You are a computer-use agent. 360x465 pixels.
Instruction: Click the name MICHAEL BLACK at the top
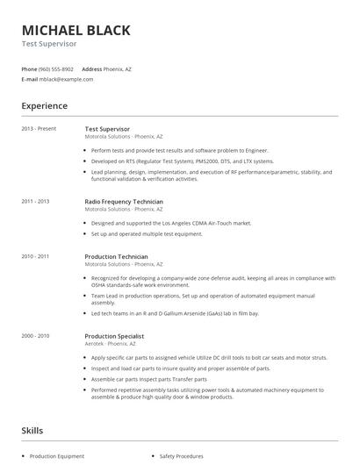pos(76,30)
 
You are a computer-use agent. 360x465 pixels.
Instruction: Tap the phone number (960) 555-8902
pos(56,68)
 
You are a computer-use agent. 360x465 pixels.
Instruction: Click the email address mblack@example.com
pos(66,79)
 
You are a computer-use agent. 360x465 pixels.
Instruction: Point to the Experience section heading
pos(44,106)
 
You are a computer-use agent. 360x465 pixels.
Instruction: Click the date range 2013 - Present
pos(39,129)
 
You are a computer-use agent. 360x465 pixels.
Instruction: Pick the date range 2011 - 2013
pos(35,202)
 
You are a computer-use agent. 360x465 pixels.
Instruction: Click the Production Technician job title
pos(116,256)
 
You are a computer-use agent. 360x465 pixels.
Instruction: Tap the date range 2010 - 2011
pos(35,256)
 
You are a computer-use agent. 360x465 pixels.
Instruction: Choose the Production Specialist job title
pos(115,336)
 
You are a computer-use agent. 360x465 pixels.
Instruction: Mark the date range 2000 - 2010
pos(35,336)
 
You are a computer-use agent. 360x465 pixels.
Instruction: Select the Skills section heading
pos(32,431)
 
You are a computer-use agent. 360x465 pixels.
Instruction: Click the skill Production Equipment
pos(57,456)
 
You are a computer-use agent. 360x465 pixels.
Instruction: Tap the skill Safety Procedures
pos(182,456)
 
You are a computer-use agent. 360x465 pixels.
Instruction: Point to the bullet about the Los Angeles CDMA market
pos(165,224)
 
